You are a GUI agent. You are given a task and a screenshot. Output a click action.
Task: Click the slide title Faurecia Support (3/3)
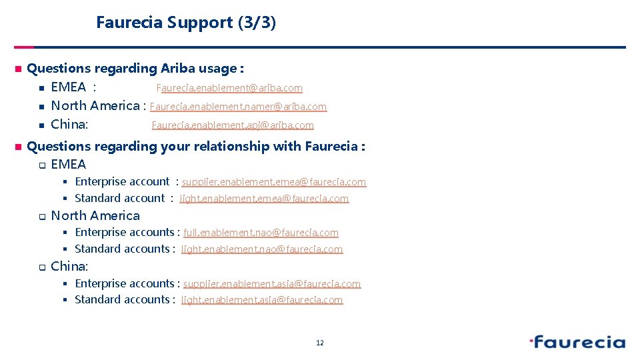point(186,23)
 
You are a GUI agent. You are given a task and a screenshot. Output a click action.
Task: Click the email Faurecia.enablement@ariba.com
point(229,88)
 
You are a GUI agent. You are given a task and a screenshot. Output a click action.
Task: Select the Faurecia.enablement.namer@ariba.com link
point(238,107)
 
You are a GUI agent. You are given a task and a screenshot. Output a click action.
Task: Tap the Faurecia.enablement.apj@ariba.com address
point(233,125)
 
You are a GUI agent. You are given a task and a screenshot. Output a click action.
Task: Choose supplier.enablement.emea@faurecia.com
point(273,182)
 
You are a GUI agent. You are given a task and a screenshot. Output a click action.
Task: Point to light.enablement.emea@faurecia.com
point(264,199)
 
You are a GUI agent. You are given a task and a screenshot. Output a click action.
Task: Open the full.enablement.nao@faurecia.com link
point(261,233)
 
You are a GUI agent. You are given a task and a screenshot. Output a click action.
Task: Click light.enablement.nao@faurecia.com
point(261,249)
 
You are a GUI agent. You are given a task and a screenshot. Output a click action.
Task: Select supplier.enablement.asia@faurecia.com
point(271,284)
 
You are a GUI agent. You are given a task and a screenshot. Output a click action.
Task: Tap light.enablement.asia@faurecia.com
point(261,300)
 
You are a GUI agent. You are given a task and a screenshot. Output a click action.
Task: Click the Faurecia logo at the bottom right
point(577,343)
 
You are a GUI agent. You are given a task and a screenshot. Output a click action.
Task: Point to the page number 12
point(320,343)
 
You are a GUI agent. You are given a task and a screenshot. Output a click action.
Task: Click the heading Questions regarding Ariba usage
point(135,69)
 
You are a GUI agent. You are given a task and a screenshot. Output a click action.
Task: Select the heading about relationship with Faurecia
point(196,146)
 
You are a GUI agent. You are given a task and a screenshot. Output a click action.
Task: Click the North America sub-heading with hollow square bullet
point(95,215)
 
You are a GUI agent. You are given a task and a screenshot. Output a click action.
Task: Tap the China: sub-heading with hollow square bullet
point(69,266)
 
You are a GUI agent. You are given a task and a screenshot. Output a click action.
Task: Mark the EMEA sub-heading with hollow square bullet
point(69,164)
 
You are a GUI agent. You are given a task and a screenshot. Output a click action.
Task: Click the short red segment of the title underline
point(24,47)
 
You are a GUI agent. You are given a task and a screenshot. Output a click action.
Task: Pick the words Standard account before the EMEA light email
point(119,198)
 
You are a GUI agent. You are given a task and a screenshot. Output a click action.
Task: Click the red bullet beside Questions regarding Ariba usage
point(18,69)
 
